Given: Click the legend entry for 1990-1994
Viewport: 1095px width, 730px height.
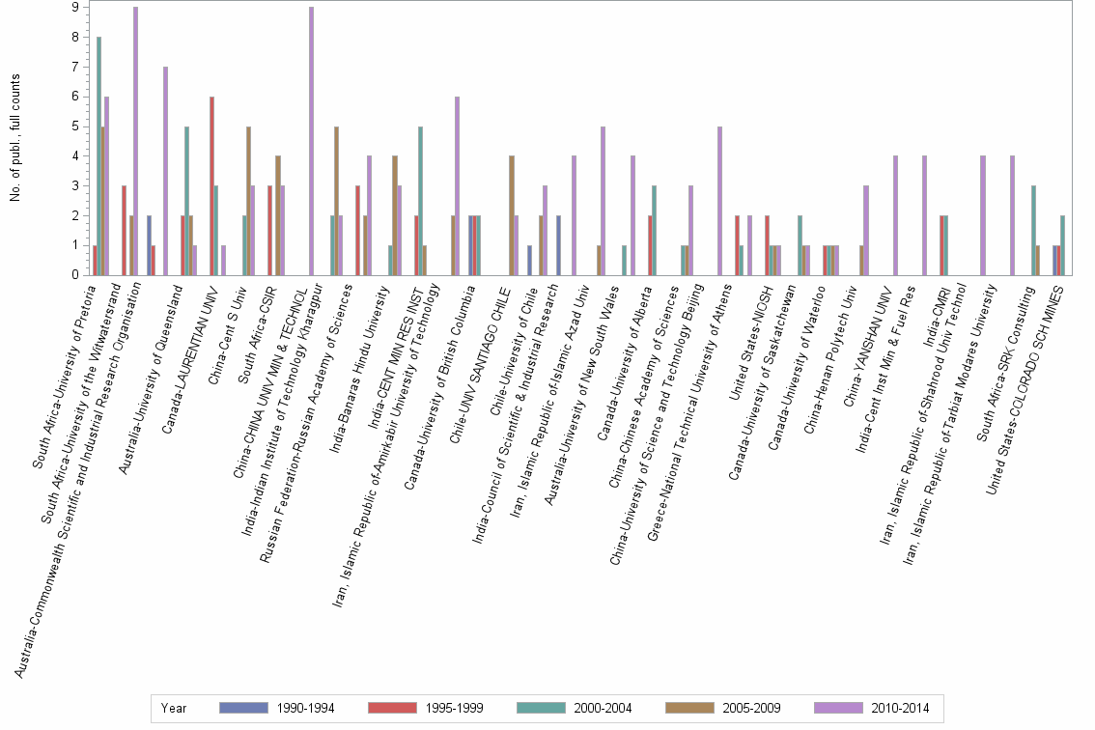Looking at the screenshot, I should tap(276, 709).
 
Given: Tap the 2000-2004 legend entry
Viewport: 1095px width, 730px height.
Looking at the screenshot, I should tap(575, 709).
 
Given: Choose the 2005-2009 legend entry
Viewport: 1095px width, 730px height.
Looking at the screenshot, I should tap(723, 709).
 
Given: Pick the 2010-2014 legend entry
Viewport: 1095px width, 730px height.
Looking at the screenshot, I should tap(872, 709).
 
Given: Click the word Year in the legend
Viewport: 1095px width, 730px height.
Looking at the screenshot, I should tap(174, 709).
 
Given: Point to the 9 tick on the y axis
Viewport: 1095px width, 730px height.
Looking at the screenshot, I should tap(75, 8).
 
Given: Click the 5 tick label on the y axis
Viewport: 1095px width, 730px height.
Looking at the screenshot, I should tap(75, 126).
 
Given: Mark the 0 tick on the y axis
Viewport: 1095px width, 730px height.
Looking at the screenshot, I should tap(75, 275).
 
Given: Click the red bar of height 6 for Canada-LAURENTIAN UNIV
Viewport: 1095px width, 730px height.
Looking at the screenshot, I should tap(211, 185).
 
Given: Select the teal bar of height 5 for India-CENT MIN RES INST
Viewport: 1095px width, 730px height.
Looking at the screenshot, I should tap(420, 201).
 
